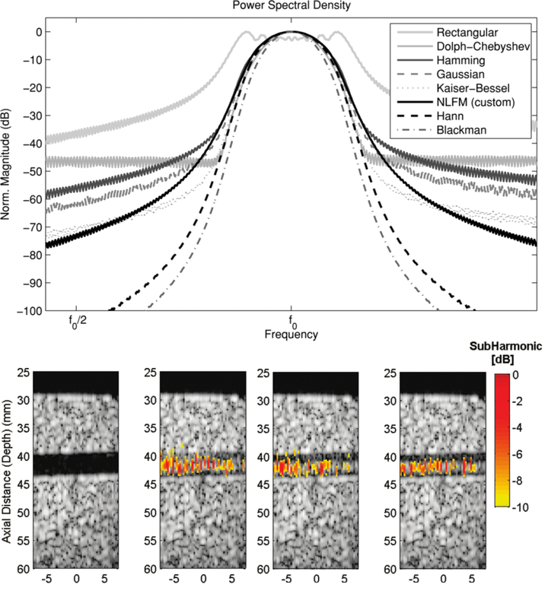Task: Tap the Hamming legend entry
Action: click(460, 64)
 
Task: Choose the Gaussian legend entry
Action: click(461, 80)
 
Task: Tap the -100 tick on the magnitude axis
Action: click(30, 310)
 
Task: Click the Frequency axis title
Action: click(291, 335)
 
